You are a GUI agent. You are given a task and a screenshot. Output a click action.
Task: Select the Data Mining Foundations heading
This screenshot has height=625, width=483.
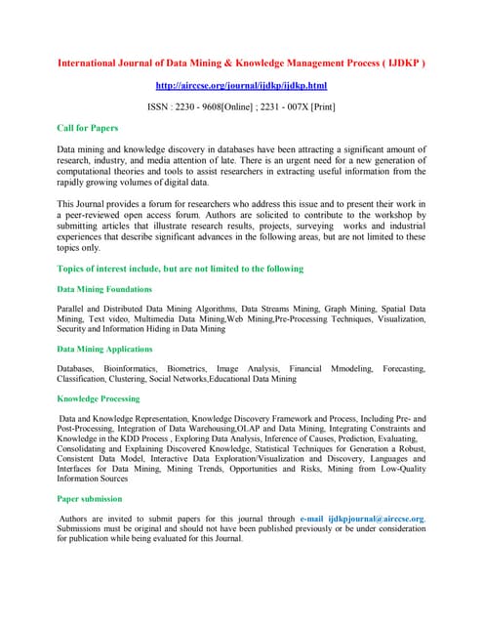(104, 289)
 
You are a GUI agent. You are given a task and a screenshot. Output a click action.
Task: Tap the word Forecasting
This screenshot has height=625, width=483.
(404, 368)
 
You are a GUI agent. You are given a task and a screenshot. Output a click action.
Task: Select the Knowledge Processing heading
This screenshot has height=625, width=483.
(99, 398)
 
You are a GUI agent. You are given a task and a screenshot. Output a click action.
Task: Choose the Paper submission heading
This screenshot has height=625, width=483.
(90, 498)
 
